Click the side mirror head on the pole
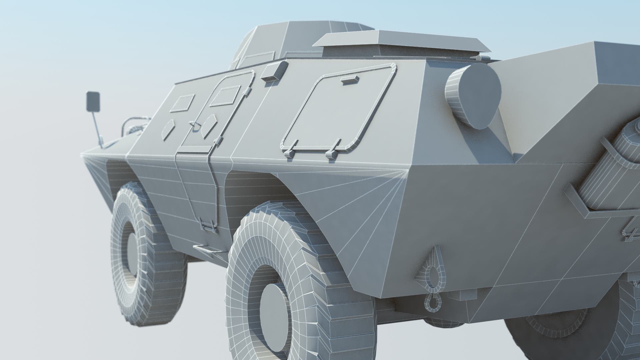(x=93, y=102)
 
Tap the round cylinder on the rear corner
(x=473, y=96)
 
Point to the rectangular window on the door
(x=225, y=95)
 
